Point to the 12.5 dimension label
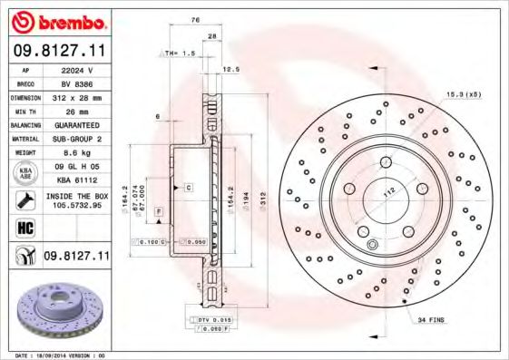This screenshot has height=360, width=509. (x=230, y=69)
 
